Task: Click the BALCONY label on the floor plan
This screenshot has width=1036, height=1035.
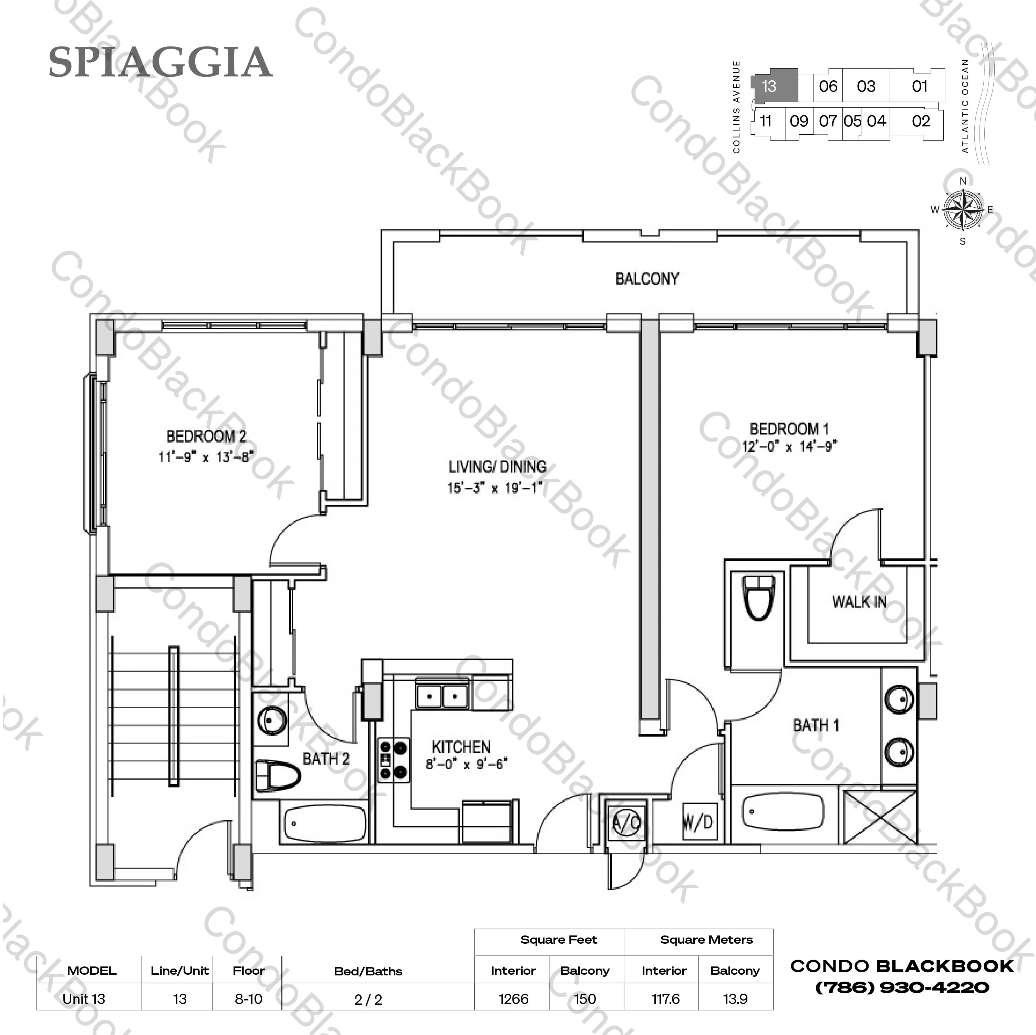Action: click(647, 279)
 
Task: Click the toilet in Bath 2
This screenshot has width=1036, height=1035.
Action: click(277, 775)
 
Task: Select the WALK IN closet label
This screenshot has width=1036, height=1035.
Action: click(859, 602)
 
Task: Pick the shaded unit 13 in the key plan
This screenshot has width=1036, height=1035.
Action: click(774, 86)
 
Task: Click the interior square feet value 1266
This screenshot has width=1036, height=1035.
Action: click(513, 999)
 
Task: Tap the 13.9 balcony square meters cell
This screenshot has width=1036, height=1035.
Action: click(735, 999)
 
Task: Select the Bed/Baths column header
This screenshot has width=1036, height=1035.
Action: click(368, 971)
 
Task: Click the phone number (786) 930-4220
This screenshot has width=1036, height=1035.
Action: click(902, 987)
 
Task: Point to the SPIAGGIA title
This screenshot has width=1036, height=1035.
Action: click(160, 62)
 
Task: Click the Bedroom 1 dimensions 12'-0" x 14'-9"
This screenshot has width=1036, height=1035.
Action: click(789, 446)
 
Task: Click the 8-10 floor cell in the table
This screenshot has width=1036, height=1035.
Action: click(248, 999)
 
